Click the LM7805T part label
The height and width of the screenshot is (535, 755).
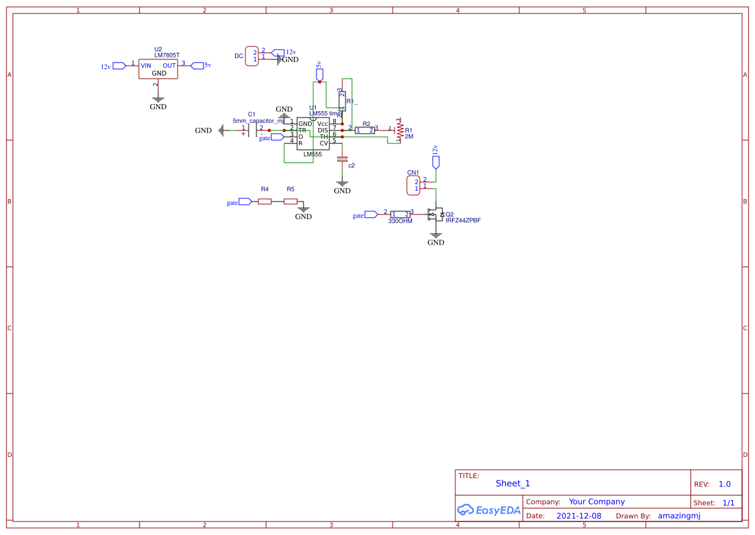point(167,56)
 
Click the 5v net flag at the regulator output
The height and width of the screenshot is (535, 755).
point(198,65)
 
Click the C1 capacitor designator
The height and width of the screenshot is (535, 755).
point(252,114)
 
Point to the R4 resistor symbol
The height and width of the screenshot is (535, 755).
point(264,202)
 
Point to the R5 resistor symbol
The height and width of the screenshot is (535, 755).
point(291,202)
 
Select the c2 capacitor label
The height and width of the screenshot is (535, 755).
point(351,165)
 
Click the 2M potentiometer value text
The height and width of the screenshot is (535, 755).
point(409,137)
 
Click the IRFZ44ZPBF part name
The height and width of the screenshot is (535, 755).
point(463,220)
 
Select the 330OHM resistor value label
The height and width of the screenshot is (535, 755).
point(400,221)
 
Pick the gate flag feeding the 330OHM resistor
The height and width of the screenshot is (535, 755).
point(371,215)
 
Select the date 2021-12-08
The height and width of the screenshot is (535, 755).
point(579,516)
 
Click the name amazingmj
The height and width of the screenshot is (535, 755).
point(679,516)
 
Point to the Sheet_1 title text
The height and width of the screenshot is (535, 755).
point(513,483)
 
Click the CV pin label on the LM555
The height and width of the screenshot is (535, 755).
point(324,143)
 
